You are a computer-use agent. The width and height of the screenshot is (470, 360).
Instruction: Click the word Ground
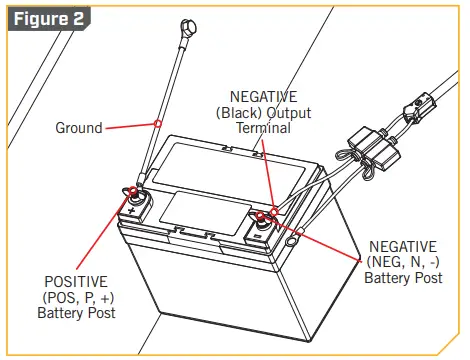point(77,128)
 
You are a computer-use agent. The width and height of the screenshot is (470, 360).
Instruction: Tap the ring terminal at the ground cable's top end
point(186,27)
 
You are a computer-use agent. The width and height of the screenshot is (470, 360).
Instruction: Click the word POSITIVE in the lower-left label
point(76,282)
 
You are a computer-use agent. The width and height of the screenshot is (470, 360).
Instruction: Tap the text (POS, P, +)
point(76,298)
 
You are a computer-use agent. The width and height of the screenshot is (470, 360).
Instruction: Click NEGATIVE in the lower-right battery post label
point(402,246)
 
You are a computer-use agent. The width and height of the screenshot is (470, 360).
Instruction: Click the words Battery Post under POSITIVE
point(76,314)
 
